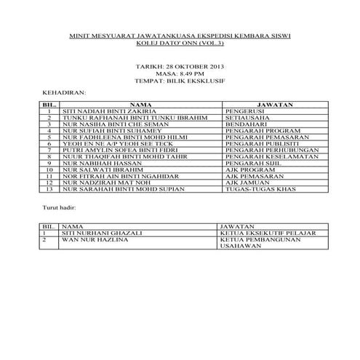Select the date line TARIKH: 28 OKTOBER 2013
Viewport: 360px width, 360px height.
click(180, 66)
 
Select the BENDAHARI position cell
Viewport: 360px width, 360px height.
click(248, 126)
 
